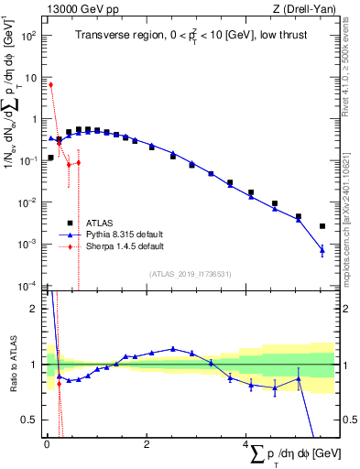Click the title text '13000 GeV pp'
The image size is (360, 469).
point(76,10)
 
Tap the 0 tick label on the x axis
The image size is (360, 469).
point(47,444)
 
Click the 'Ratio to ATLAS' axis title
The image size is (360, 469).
point(11,365)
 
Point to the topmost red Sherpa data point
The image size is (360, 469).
point(51,85)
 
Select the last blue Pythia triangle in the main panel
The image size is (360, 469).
point(322,249)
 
